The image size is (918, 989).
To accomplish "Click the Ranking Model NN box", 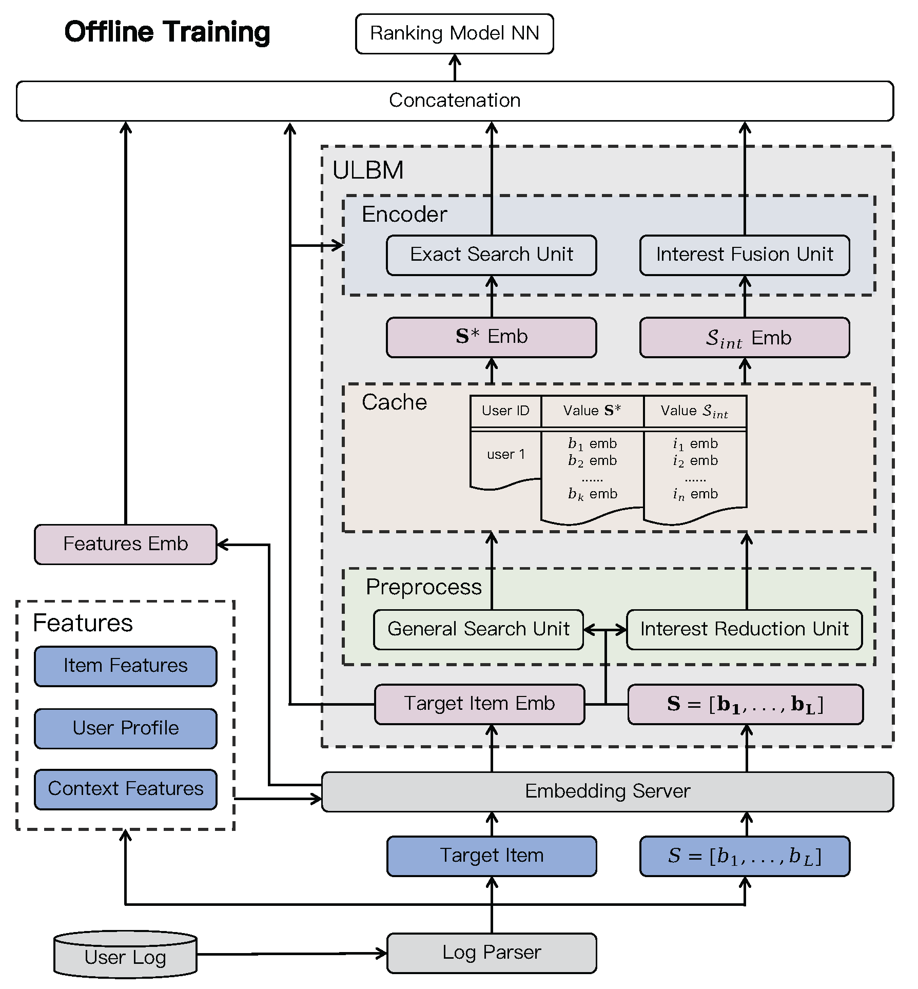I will point(454,34).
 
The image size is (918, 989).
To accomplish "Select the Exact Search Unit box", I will point(491,255).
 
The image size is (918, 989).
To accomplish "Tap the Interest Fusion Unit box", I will point(744,255).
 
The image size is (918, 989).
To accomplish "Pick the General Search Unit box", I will point(478,629).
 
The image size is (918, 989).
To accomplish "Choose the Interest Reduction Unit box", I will point(744,629).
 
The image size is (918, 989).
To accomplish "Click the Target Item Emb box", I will point(479,704).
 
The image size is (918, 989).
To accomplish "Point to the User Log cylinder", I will point(125,956).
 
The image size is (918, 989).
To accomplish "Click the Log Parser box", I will point(491,953).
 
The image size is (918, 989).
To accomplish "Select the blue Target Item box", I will point(491,856).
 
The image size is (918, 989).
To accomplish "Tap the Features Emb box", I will point(125,544).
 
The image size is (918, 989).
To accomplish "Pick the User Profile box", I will point(125,728).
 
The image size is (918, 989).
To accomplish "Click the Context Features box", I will point(125,789).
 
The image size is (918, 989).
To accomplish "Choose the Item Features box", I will point(125,666).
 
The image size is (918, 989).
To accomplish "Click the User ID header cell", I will point(505,411).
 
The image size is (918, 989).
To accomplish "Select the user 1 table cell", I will point(505,455).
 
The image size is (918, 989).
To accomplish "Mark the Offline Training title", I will point(167,32).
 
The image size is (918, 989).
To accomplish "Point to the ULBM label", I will point(368,170).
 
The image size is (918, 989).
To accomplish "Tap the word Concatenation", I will point(454,101).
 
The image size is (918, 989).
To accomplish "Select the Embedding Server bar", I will point(607,791).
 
